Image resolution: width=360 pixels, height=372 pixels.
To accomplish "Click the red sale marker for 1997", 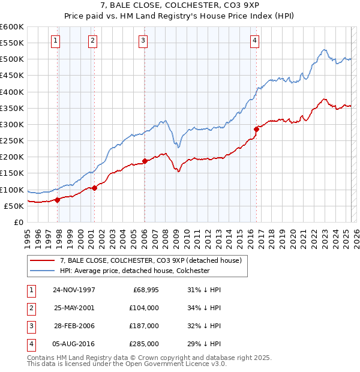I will click(58, 200).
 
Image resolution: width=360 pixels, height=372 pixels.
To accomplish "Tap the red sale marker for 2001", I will click(95, 188).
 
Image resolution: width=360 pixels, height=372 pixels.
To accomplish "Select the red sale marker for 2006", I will click(145, 161).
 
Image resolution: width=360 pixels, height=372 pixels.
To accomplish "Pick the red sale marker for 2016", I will click(256, 129).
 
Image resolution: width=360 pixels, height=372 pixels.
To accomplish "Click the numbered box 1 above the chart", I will click(55, 41).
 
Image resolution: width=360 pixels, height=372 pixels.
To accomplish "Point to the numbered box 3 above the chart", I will click(143, 41).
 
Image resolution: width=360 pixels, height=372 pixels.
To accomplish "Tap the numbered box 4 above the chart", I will click(255, 41).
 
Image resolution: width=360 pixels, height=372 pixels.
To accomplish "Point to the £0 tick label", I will click(18, 222).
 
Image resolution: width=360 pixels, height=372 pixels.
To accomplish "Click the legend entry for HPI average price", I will click(134, 271).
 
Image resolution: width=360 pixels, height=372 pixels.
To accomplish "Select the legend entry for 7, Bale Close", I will click(150, 260).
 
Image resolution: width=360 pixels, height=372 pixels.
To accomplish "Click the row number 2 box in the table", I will click(30, 308).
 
